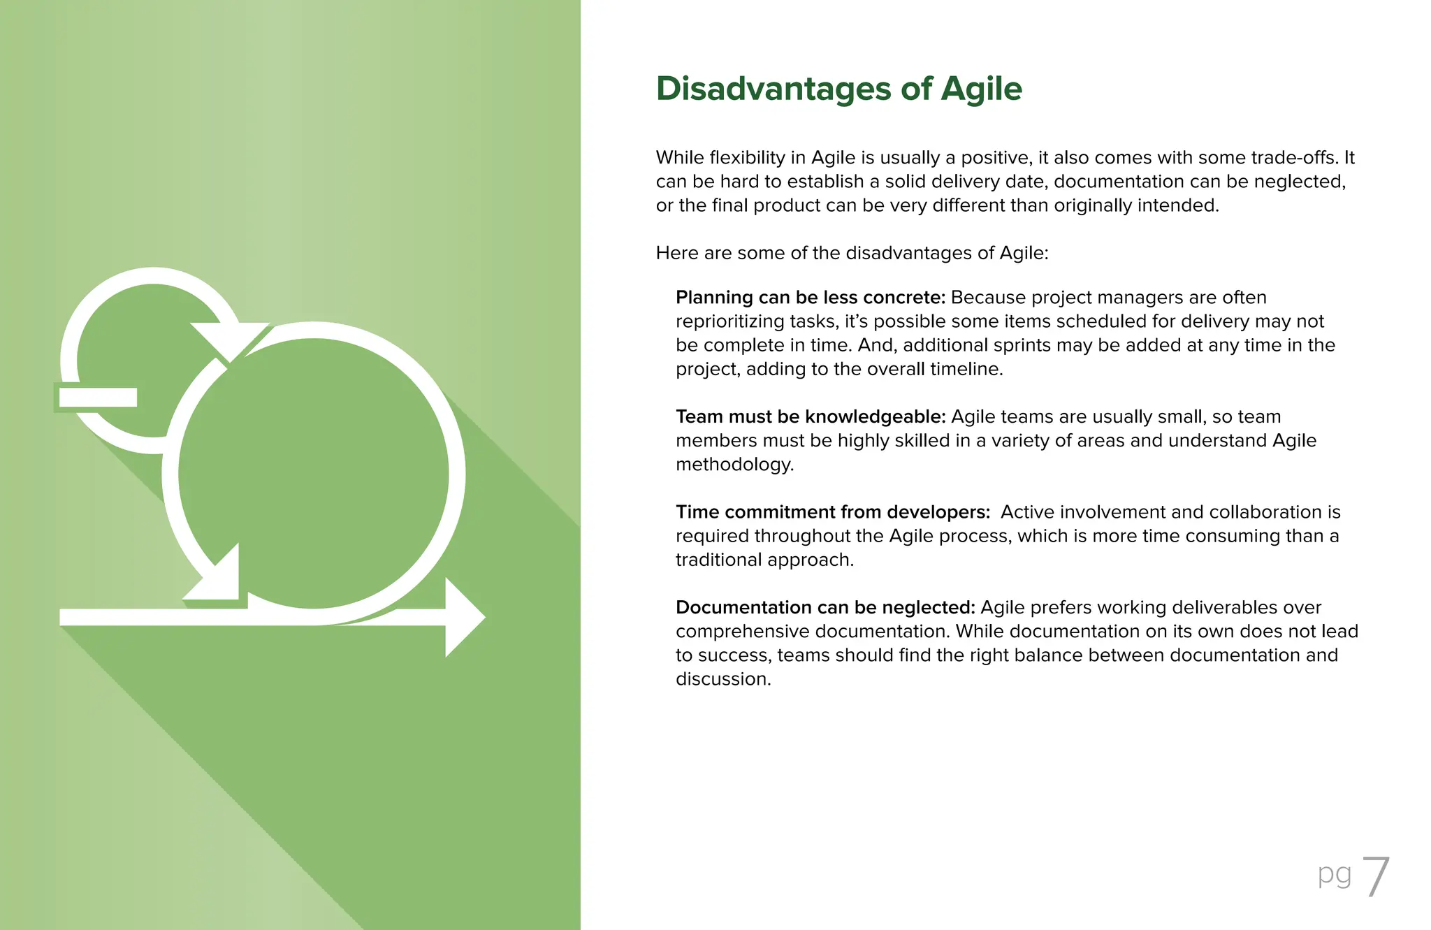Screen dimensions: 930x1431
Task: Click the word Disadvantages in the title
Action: [x=773, y=89]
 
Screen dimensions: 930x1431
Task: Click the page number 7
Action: [x=1375, y=878]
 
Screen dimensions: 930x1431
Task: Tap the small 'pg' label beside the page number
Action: [x=1334, y=875]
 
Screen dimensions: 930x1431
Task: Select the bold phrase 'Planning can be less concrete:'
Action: [x=810, y=298]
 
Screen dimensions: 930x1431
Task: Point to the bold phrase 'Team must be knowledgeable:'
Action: [x=811, y=417]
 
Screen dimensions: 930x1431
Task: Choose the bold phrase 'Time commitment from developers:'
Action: [x=833, y=512]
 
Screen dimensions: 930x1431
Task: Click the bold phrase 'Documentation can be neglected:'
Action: [x=825, y=608]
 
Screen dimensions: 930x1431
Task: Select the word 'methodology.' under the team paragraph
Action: [x=734, y=465]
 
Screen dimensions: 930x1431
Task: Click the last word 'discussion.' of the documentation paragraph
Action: [x=723, y=679]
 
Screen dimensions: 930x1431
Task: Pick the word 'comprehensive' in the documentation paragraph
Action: [x=743, y=632]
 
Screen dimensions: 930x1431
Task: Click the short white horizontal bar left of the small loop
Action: [x=98, y=397]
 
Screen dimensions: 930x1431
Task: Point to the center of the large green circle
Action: [x=313, y=474]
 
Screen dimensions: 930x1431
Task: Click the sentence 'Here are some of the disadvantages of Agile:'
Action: [x=852, y=253]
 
